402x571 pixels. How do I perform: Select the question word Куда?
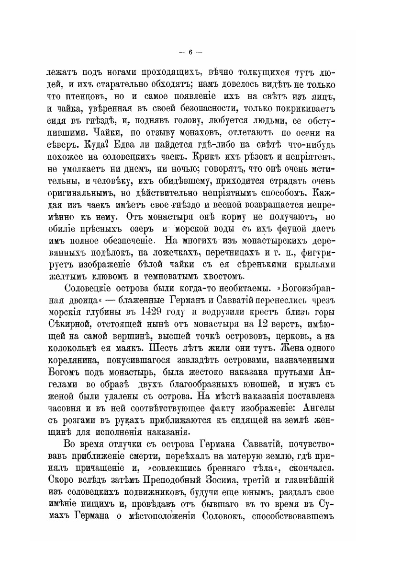tap(89, 143)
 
